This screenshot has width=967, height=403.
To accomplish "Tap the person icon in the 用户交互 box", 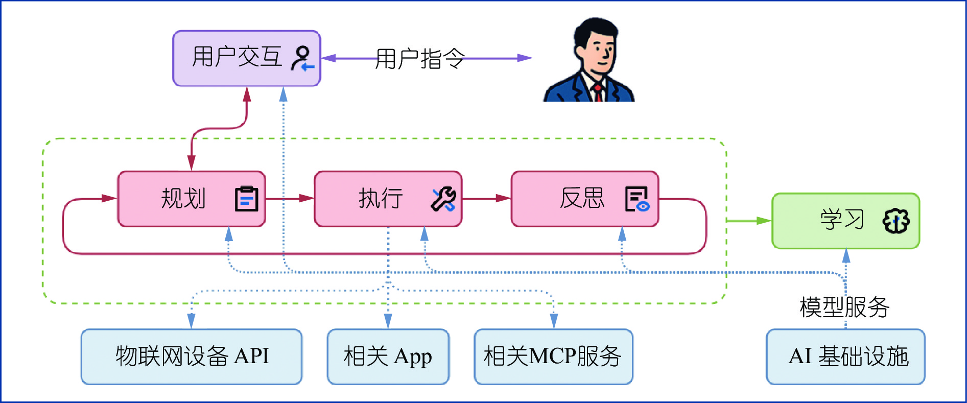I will point(302,58).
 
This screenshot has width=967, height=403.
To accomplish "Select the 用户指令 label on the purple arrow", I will point(420,59).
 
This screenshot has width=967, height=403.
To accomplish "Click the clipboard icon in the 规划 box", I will point(246,199).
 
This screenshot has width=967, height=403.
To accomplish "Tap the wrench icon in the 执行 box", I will point(443,199).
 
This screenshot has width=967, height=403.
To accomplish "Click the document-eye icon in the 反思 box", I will point(637,199).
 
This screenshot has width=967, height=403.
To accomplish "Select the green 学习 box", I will point(845,221).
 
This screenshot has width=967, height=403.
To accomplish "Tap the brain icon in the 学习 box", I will point(896,221).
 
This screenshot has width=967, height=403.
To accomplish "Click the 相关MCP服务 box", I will point(553,357).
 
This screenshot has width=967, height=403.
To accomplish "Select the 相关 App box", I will point(388,357).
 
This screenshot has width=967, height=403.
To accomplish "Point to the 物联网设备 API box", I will point(192,357).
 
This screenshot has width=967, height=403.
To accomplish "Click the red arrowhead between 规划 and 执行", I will point(306,198).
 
